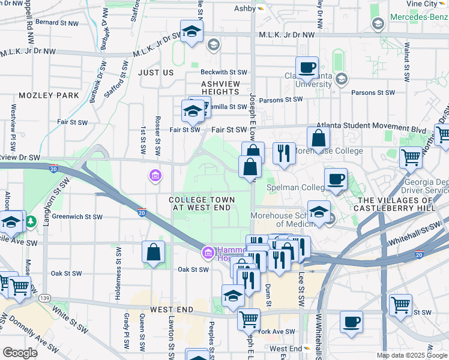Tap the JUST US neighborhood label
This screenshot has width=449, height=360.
[155, 73]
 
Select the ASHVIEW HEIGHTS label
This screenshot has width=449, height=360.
[220, 88]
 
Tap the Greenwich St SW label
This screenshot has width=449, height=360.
[77, 217]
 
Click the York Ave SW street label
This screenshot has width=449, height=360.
[277, 331]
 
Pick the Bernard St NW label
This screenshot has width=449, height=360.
[57, 23]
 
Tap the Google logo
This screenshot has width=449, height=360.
[20, 353]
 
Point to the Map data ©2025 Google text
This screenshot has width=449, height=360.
[412, 355]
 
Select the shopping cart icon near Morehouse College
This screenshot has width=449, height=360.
[411, 158]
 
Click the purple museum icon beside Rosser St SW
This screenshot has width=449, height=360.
[155, 175]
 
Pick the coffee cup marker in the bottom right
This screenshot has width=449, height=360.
[351, 321]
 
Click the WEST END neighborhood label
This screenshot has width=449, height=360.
[172, 310]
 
